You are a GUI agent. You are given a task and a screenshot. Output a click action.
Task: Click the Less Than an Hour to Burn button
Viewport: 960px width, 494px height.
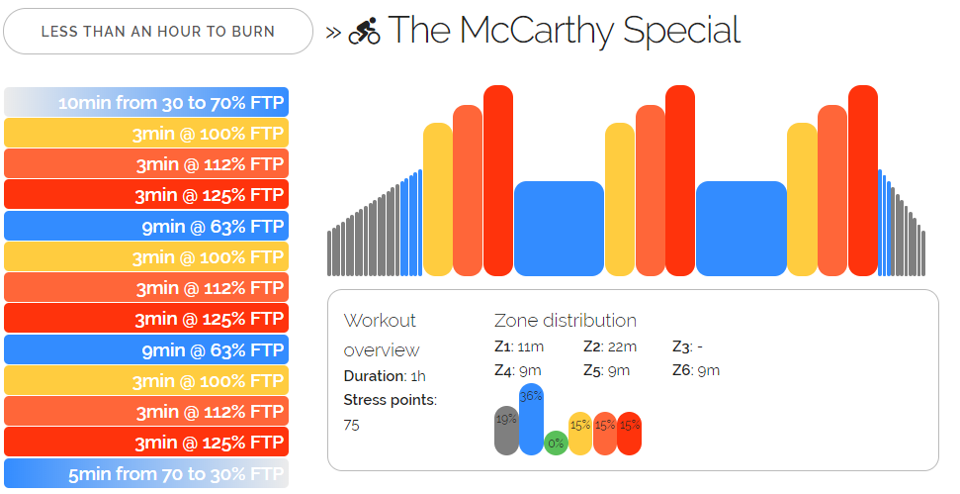pyautogui.click(x=158, y=32)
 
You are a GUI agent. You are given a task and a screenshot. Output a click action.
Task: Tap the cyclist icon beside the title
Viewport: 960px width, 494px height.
pyautogui.click(x=365, y=32)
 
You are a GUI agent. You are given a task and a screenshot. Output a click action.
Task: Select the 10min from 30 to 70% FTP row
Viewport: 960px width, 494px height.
pyautogui.click(x=146, y=103)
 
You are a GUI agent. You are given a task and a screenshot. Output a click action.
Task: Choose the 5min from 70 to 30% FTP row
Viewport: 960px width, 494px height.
pyautogui.click(x=146, y=473)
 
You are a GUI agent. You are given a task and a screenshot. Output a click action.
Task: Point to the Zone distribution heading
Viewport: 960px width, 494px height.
pyautogui.click(x=565, y=321)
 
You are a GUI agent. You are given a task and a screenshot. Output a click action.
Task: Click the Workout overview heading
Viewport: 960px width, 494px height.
pyautogui.click(x=381, y=335)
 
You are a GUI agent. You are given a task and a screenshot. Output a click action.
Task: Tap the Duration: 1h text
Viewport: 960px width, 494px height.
pyautogui.click(x=385, y=376)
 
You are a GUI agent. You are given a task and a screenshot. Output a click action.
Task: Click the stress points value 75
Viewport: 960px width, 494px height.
pyautogui.click(x=352, y=425)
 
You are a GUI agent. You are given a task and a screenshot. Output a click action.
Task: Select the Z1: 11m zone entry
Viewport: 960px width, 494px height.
pyautogui.click(x=520, y=346)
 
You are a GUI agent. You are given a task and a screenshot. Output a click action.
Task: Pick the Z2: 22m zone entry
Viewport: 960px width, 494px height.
pyautogui.click(x=610, y=346)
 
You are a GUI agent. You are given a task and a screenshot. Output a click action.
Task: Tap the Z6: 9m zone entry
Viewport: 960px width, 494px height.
pyautogui.click(x=696, y=371)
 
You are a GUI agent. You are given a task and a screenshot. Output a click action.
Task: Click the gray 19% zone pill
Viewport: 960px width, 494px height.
pyautogui.click(x=506, y=430)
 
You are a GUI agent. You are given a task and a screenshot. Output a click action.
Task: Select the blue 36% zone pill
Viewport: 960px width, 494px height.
pyautogui.click(x=531, y=419)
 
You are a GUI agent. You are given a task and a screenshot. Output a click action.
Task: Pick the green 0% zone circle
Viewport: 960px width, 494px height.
pyautogui.click(x=556, y=444)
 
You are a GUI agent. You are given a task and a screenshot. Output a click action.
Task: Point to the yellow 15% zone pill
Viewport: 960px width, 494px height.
pyautogui.click(x=580, y=433)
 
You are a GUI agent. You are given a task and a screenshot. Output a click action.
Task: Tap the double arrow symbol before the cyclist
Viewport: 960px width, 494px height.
pyautogui.click(x=333, y=32)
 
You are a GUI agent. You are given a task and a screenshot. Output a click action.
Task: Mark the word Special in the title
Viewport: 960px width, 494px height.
pyautogui.click(x=682, y=31)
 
